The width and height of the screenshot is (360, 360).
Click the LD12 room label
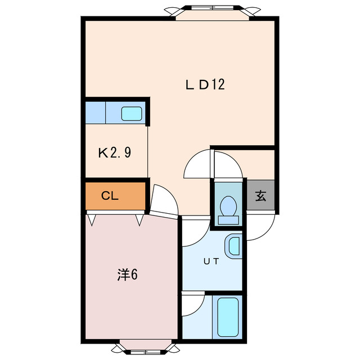205,84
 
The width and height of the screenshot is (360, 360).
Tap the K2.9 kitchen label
115,152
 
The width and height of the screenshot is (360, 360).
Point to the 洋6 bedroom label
128,274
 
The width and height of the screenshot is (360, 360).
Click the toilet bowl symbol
228,205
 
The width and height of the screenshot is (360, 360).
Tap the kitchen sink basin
132,113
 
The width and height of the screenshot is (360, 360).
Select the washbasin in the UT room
233,246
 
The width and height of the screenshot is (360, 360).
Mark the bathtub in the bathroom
228,316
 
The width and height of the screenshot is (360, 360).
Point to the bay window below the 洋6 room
145,348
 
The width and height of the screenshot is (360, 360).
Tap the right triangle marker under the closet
139,219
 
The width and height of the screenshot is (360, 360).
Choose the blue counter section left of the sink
95,112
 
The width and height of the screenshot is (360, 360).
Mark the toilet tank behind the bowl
228,220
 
